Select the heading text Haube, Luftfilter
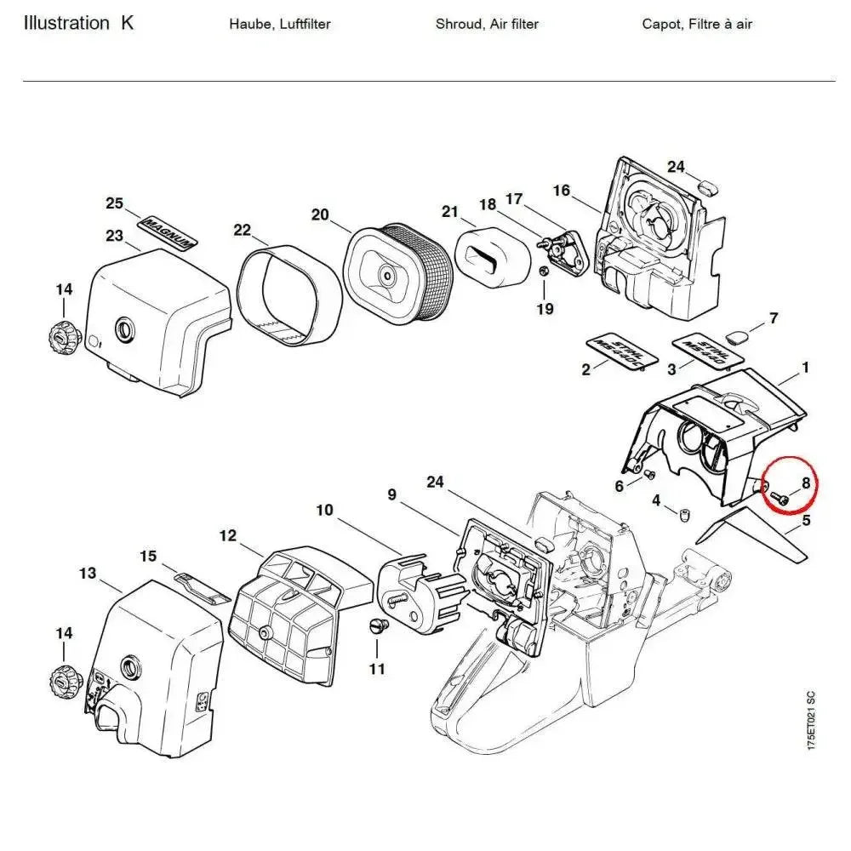[x=279, y=24]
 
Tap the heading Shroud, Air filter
[x=487, y=24]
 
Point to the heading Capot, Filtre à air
[x=697, y=24]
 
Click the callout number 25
[x=115, y=203]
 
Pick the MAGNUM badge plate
[x=168, y=231]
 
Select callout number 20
[x=319, y=214]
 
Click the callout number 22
[x=243, y=230]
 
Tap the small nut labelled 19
[x=543, y=271]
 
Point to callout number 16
[x=561, y=190]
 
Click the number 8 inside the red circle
[x=805, y=482]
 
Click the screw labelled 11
[x=379, y=628]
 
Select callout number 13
[x=88, y=574]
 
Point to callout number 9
[x=391, y=493]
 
